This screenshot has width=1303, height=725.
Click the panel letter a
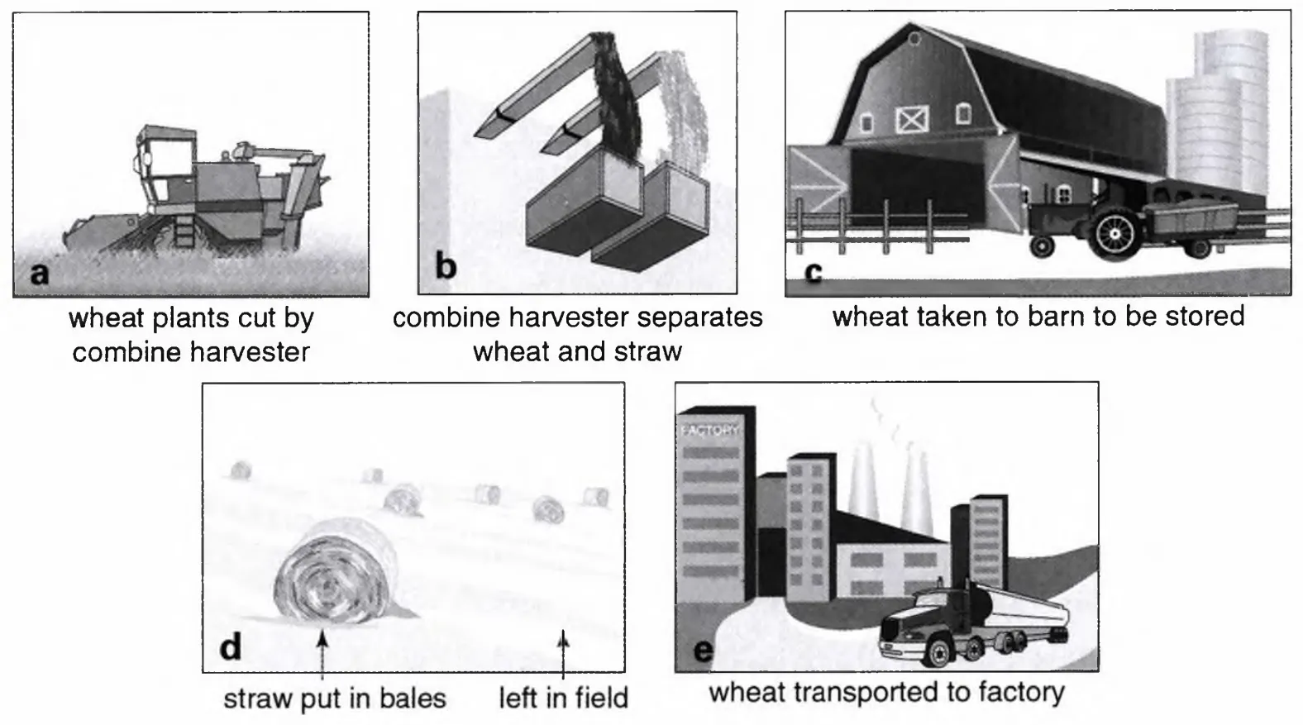pos(40,273)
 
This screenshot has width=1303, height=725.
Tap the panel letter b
pos(446,266)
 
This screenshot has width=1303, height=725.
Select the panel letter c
pos(814,272)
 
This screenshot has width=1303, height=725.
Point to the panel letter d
pos(231,646)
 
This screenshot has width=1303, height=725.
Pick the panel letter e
pos(704,651)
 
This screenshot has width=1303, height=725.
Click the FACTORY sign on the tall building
pos(709,431)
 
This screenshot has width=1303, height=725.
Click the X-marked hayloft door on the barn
pos(911,119)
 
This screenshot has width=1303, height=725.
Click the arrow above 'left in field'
pos(563,655)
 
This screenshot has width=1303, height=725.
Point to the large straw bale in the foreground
pos(337,572)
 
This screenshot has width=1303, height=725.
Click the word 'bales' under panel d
pos(413,699)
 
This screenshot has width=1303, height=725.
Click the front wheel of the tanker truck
pos(937,652)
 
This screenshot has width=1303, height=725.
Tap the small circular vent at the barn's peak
pos(914,39)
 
